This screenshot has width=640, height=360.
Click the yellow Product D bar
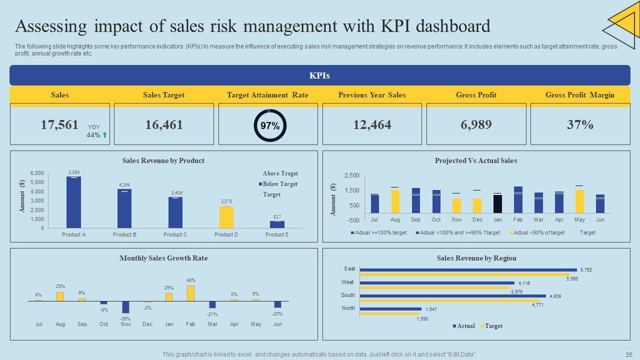(x=226, y=217)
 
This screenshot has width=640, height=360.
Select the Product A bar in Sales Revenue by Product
(x=73, y=202)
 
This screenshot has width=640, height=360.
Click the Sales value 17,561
(x=59, y=125)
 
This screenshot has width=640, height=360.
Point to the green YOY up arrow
(x=105, y=135)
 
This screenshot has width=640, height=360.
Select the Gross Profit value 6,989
(x=476, y=125)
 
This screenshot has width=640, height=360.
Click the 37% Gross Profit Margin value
(x=580, y=125)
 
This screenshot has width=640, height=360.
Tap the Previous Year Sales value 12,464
(x=372, y=125)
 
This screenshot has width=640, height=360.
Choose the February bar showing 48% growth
(x=190, y=293)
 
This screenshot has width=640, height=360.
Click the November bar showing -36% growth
(x=125, y=307)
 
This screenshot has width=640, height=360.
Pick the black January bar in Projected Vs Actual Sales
(x=497, y=204)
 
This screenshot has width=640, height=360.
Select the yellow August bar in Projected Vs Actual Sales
(x=395, y=201)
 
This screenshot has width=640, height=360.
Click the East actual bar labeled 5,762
(x=468, y=269)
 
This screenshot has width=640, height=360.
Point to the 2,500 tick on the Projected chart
(x=351, y=175)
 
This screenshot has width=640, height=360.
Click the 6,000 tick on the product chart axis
(x=37, y=173)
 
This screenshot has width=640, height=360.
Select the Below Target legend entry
(x=280, y=184)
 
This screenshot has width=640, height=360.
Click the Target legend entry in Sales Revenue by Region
(x=493, y=326)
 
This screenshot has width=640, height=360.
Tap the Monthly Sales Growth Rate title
(x=163, y=258)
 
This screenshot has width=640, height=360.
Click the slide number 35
(x=628, y=354)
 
